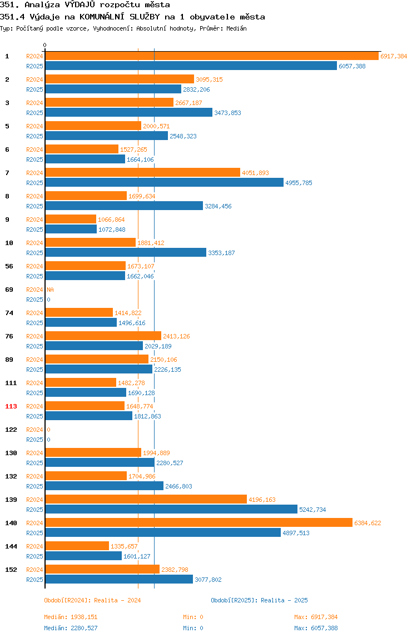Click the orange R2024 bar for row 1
[212, 56]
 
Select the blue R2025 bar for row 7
[164, 183]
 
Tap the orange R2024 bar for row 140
[198, 523]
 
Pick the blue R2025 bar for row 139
[171, 510]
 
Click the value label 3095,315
[209, 80]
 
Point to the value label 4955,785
[299, 183]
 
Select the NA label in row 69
[50, 290]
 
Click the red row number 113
[11, 406]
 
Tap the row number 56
[9, 267]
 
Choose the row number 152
[11, 570]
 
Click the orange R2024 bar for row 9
[71, 220]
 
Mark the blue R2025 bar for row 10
[126, 253]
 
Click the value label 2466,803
[179, 486]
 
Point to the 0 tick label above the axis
[45, 45]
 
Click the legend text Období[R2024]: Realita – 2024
[92, 600]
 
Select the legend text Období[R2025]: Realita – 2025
[260, 600]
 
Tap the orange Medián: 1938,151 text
[71, 617]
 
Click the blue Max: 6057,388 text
[316, 628]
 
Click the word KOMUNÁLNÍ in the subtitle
[102, 17]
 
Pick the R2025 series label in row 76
[34, 346]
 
